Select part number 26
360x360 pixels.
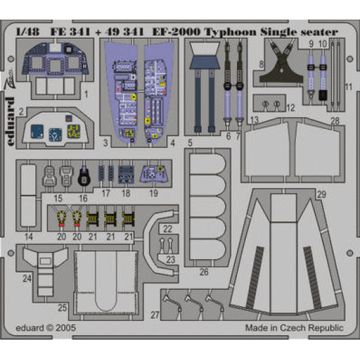coord(204,272)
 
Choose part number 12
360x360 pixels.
coord(290,107)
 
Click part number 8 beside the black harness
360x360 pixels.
coord(261,63)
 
